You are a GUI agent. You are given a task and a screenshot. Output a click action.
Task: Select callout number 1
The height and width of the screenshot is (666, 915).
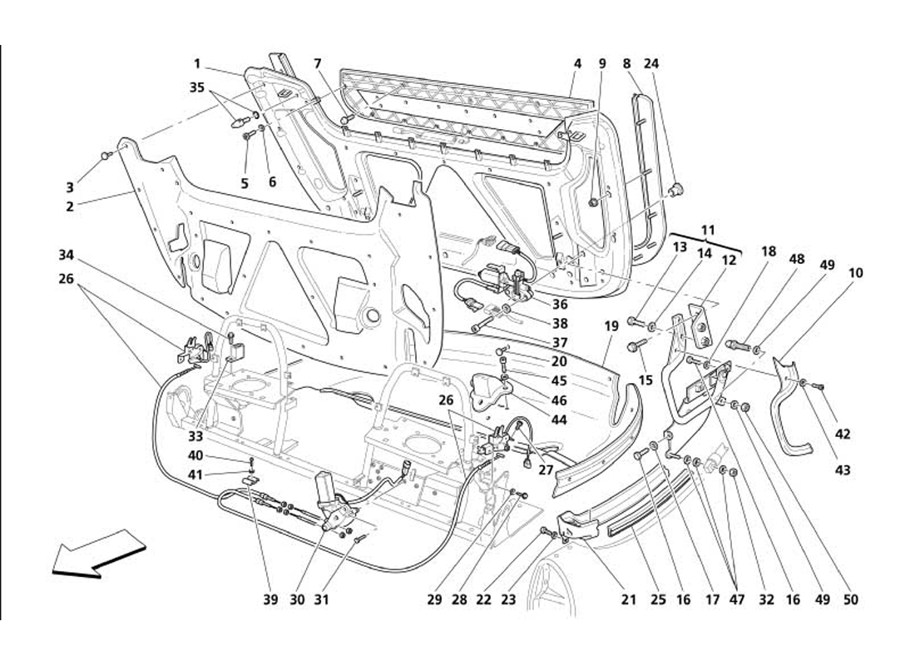tap(198, 63)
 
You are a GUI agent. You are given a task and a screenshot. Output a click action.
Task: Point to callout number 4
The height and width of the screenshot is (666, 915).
tap(576, 63)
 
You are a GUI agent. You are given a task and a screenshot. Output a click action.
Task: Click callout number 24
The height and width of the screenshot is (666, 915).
tap(651, 63)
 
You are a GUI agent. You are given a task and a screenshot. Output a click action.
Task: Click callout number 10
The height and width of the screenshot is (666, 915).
tap(856, 272)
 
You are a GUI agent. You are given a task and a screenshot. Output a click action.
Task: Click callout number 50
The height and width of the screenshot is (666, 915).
tap(851, 599)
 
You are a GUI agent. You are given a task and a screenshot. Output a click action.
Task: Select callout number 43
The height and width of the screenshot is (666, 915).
tap(843, 470)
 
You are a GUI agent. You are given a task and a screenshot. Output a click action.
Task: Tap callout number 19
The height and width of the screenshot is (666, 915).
tap(611, 327)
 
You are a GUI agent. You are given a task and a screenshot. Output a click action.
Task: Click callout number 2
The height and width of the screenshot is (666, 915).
tap(70, 206)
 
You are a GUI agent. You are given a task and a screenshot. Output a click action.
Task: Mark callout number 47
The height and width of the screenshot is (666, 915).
tap(736, 599)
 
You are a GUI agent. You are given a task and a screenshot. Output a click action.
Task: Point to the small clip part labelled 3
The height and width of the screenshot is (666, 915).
tap(106, 155)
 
